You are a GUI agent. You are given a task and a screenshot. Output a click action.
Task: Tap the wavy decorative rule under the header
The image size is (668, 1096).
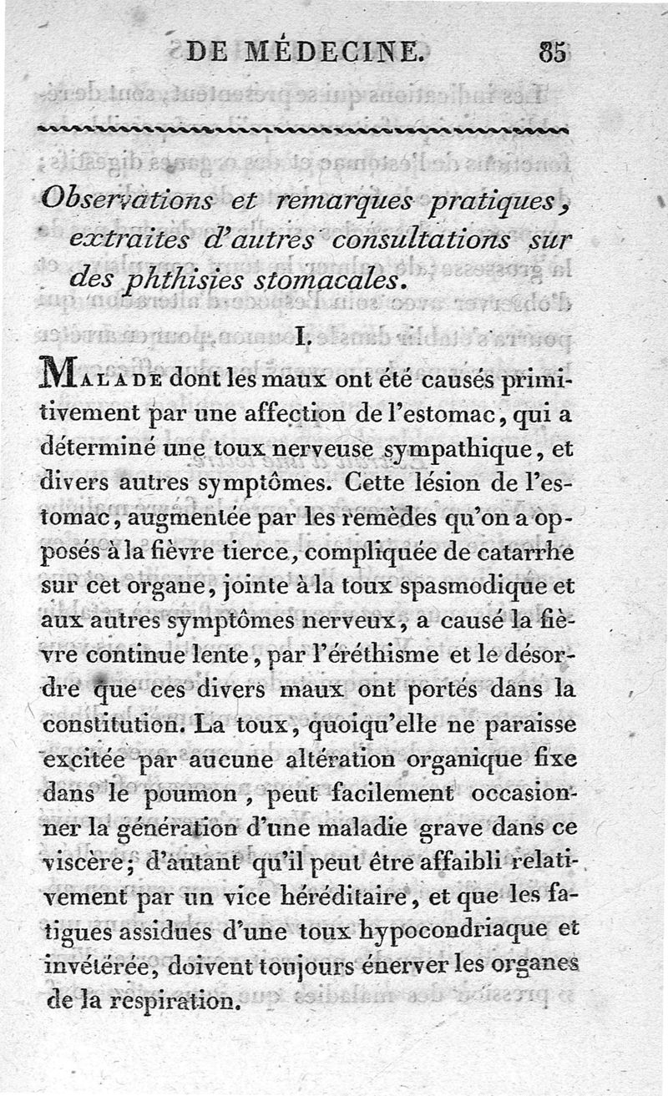click(305, 130)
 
